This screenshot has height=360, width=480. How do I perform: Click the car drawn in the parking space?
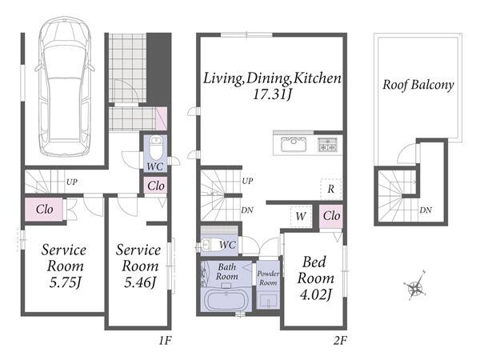pyautogui.click(x=65, y=87)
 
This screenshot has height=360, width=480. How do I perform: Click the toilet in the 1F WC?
pyautogui.click(x=156, y=147)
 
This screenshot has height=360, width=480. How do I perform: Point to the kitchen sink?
pyautogui.click(x=294, y=144)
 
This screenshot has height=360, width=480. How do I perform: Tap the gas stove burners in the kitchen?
pyautogui.click(x=327, y=145)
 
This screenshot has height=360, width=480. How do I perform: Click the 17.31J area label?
pyautogui.click(x=272, y=94)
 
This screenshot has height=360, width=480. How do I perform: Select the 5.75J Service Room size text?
pyautogui.click(x=66, y=282)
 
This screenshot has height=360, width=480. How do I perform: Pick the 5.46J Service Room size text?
pyautogui.click(x=140, y=282)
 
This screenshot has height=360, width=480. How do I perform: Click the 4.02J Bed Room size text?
pyautogui.click(x=316, y=294)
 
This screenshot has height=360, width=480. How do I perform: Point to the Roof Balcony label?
pyautogui.click(x=418, y=85)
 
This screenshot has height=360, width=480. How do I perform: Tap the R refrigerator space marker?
pyautogui.click(x=330, y=189)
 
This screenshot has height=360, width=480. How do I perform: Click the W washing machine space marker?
pyautogui.click(x=301, y=217)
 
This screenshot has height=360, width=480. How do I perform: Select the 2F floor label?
pyautogui.click(x=340, y=341)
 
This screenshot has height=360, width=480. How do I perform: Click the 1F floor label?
pyautogui.click(x=166, y=341)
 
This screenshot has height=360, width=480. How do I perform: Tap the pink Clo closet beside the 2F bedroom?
pyautogui.click(x=331, y=217)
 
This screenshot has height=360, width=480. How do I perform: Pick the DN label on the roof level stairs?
pyautogui.click(x=426, y=210)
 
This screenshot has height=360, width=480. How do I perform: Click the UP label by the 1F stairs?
pyautogui.click(x=72, y=182)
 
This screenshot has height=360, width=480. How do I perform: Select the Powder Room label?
pyautogui.click(x=268, y=278)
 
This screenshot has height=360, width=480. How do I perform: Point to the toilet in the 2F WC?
pyautogui.click(x=207, y=245)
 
